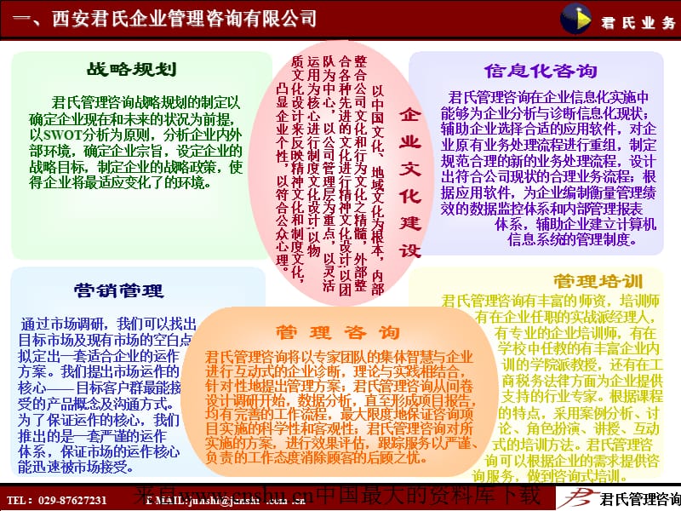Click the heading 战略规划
(x=131, y=70)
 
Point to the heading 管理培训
(x=597, y=280)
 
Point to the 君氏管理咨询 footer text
(x=640, y=498)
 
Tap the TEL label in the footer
(x=18, y=499)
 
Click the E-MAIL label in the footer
(x=166, y=499)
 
